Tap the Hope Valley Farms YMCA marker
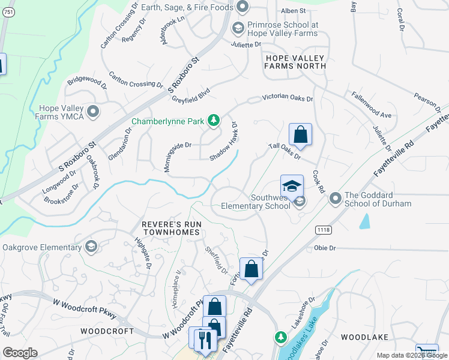point(93,112)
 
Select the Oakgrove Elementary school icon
point(91,247)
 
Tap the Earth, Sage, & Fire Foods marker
point(243,7)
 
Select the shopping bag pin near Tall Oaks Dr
point(300,134)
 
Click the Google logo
point(20,353)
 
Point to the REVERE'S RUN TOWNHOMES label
point(171,229)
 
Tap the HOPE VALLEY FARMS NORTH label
point(294,62)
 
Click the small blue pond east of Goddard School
point(364,221)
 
